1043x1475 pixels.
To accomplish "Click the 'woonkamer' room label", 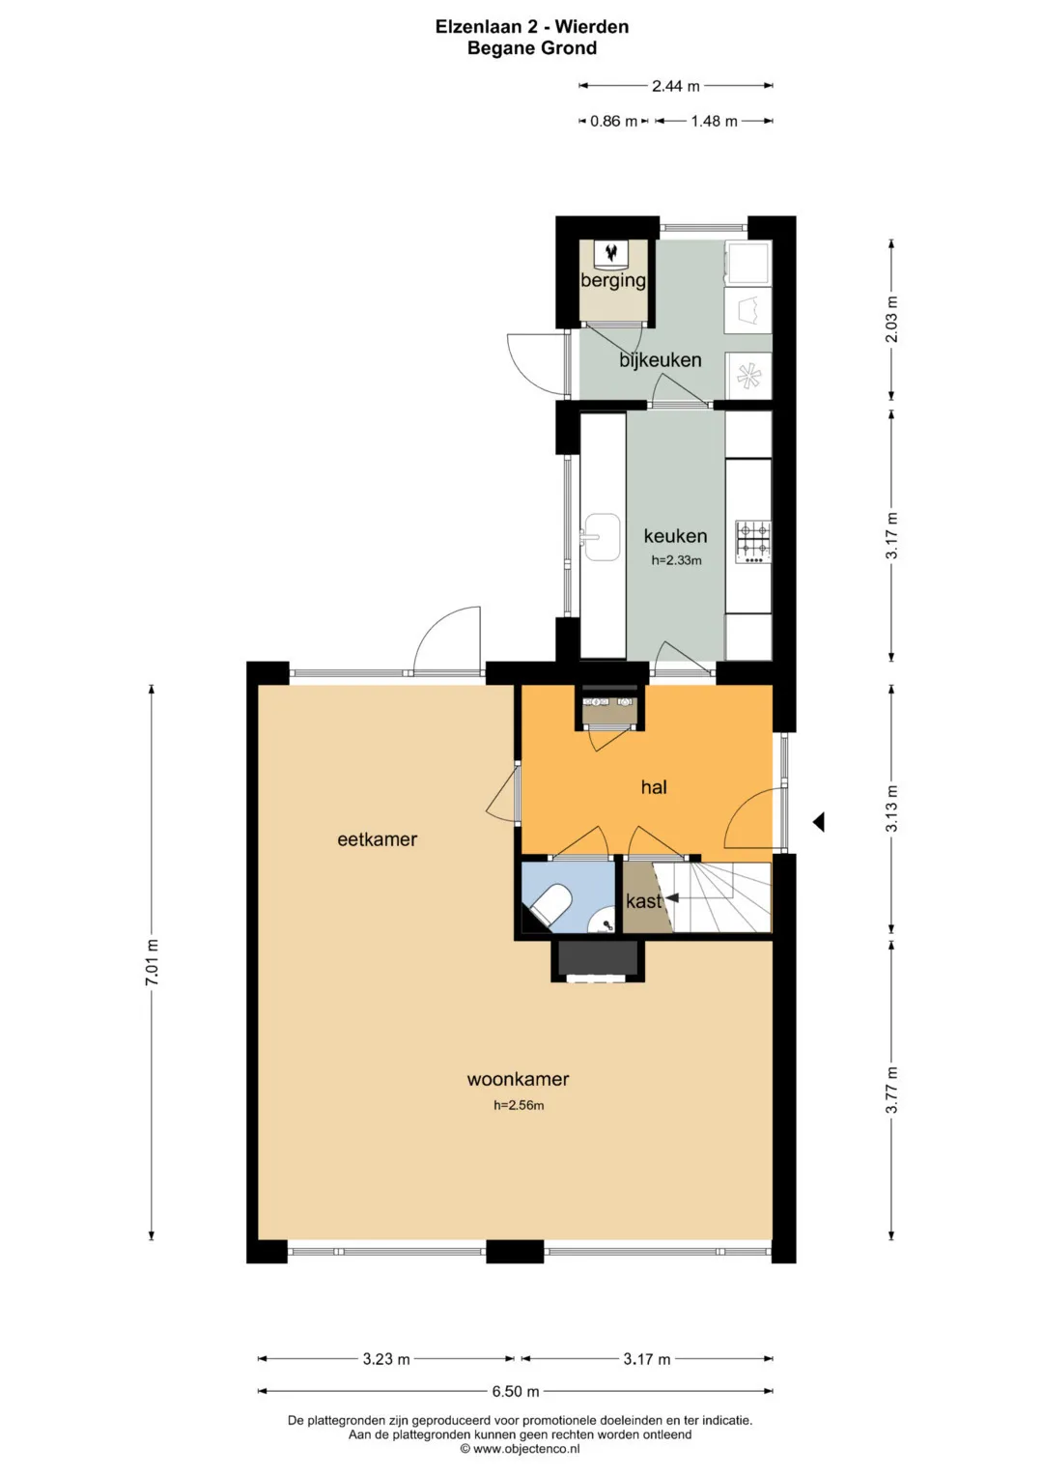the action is pos(518,1079).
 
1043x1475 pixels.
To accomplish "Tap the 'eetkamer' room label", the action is pos(378,839).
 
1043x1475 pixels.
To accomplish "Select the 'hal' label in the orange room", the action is pos(654,787).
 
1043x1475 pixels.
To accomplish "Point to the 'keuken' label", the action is pos(676,536).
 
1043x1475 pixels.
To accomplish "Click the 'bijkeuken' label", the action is pos(660,360).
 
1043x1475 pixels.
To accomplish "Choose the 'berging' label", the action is pos(613,280).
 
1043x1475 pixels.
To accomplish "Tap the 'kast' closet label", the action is pos(643,901).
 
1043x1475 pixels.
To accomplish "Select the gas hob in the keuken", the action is pos(753,542).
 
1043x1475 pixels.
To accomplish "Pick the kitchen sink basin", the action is pos(604,537).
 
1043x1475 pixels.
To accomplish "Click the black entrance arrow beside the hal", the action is pos(819,822).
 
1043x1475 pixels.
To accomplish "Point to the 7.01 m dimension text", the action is pos(152,962).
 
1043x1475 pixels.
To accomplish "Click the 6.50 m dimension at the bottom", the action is pos(516,1391).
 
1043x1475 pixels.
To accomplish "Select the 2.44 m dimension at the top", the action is pos(676,86).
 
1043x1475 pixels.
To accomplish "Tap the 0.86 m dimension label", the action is pos(613,121).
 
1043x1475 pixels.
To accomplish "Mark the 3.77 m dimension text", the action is pos(891,1090).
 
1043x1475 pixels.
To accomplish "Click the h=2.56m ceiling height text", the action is pos(519,1106).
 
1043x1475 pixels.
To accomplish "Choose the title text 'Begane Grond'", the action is pos(532,48).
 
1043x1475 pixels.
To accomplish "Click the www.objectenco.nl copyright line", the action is pos(521,1449).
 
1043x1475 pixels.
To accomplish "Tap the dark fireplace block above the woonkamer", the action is pos(598,958).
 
